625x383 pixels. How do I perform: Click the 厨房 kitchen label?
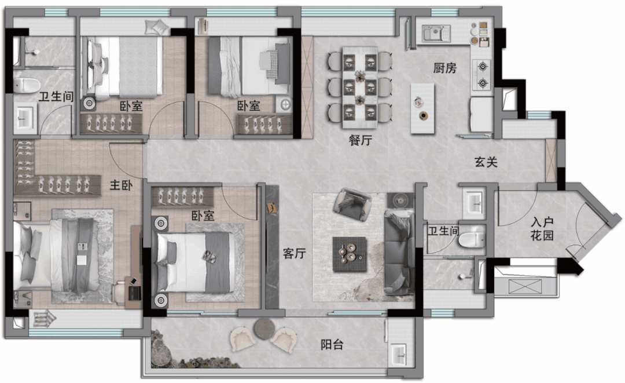(445, 68)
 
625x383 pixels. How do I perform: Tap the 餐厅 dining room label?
(361, 140)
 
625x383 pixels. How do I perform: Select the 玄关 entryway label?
(486, 162)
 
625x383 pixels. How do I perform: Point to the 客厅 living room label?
(294, 253)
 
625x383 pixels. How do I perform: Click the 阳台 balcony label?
(332, 344)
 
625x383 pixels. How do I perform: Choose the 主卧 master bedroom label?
(121, 185)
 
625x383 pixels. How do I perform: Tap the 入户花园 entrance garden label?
(542, 229)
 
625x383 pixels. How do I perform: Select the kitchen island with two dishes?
(422, 108)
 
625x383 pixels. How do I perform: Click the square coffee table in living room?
(350, 254)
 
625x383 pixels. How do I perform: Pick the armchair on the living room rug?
(352, 205)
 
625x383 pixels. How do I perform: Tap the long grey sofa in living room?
(399, 253)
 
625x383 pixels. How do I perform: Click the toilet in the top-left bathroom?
(27, 85)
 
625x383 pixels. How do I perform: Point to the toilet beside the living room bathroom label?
(471, 239)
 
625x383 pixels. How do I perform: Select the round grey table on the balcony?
(264, 329)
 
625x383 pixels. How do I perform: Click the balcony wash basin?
(398, 354)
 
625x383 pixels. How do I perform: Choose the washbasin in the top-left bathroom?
(25, 118)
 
